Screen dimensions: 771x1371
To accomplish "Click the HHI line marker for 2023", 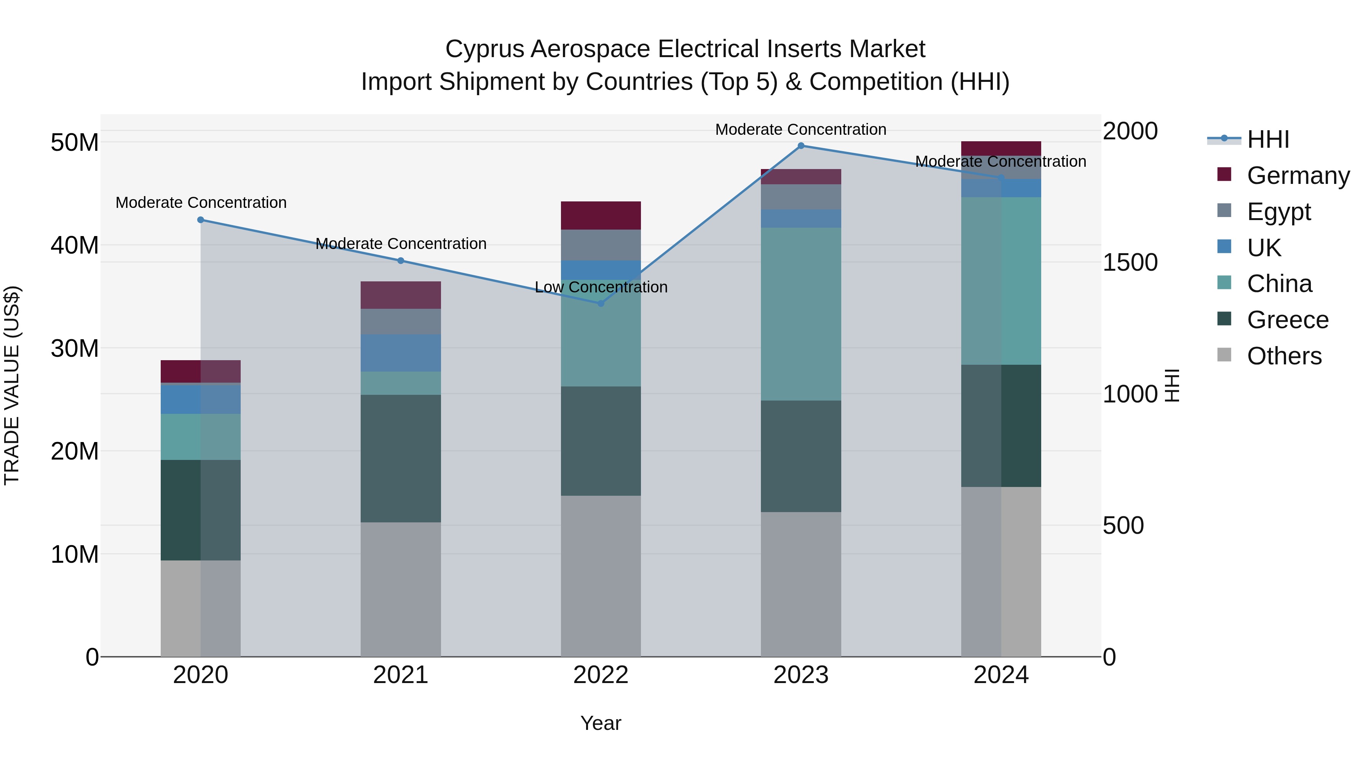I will tap(801, 146).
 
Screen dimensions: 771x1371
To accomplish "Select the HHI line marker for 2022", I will tap(601, 303).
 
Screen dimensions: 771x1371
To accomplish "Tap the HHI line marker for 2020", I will tap(201, 220).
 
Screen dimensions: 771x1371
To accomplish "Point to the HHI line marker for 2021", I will tap(401, 261).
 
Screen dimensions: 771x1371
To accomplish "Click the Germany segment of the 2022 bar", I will tap(601, 215).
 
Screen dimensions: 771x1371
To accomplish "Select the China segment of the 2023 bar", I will tap(801, 314).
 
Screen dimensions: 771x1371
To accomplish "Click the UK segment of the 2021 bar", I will tap(401, 353).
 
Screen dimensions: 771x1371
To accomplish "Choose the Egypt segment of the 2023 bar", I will tap(801, 197).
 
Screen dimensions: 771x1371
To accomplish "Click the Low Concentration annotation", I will tap(601, 287).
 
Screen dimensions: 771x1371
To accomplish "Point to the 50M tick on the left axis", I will tap(75, 143).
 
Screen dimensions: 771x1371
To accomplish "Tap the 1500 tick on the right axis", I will tap(1130, 262).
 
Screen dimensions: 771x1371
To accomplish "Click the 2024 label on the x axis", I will tap(1000, 675).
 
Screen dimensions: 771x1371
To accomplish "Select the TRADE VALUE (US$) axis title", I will tap(12, 385).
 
